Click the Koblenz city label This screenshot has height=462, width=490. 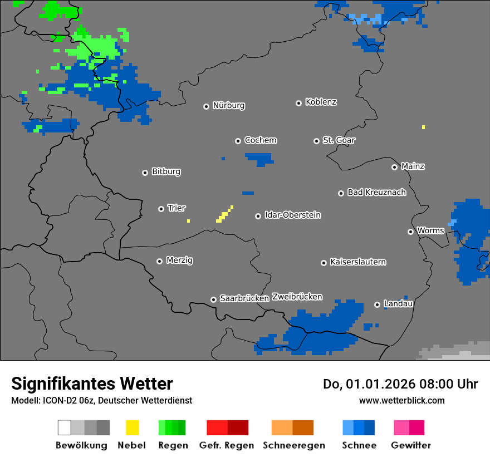(321, 102)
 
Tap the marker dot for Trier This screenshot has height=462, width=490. (161, 209)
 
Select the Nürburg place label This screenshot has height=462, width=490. (228, 105)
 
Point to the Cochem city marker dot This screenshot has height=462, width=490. (238, 141)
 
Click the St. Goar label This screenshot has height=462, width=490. (339, 140)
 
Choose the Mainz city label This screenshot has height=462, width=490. (413, 166)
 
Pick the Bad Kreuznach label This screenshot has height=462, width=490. (376, 192)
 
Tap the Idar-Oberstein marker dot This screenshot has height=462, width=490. (258, 216)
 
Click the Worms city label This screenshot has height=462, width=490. (430, 230)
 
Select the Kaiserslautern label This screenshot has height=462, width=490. (357, 262)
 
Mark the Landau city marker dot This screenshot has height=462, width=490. (377, 304)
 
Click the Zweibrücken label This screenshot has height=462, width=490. (297, 297)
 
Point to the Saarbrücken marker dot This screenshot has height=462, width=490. (213, 299)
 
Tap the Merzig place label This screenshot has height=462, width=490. (179, 260)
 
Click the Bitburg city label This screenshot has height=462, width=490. (166, 171)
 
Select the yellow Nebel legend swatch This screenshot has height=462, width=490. (132, 427)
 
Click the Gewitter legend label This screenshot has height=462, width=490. (410, 445)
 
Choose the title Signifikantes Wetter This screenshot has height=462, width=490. (92, 384)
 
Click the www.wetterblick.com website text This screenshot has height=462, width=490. (401, 400)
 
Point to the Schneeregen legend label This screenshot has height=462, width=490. (293, 445)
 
